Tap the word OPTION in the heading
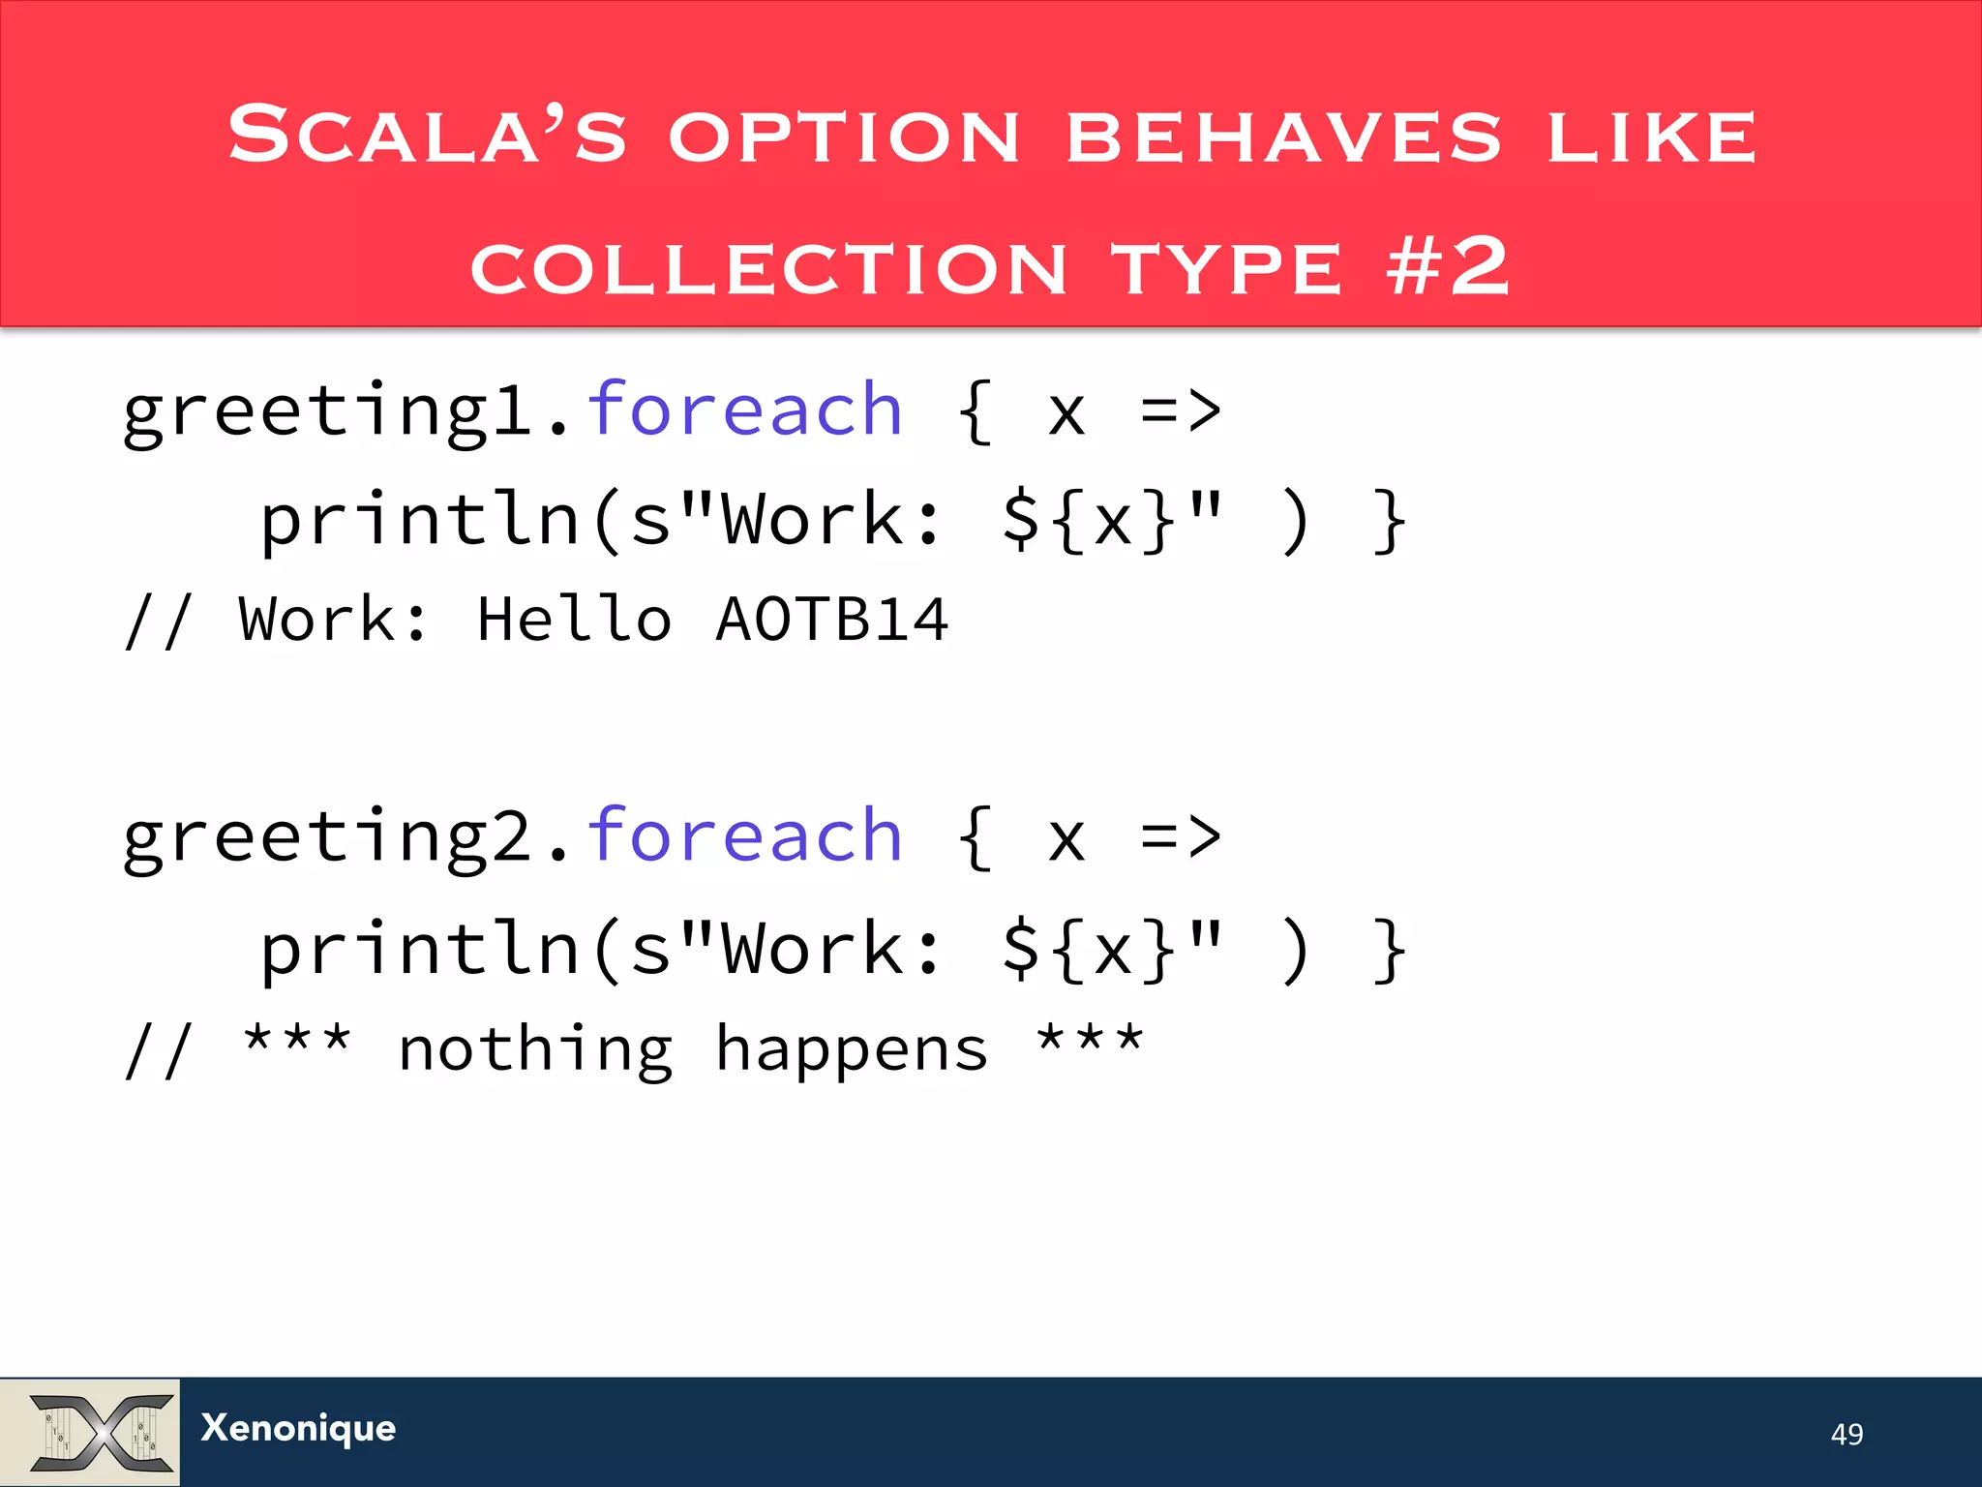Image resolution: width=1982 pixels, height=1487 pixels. point(844,136)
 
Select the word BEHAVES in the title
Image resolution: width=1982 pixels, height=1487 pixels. point(1283,136)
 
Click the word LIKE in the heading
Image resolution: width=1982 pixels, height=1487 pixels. point(1651,136)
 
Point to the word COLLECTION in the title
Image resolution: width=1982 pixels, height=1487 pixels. point(768,268)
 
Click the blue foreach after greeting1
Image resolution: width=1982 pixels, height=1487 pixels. point(745,410)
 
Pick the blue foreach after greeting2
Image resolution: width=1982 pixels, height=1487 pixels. point(745,835)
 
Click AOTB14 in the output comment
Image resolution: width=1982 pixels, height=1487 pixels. point(831,620)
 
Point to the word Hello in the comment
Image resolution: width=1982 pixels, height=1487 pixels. point(574,620)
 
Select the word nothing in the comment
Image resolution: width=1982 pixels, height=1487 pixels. point(535,1050)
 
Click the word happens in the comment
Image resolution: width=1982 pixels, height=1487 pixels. point(852,1050)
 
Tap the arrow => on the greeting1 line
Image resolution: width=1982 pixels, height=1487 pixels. point(1181,411)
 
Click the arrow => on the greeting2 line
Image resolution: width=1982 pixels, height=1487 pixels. point(1181,837)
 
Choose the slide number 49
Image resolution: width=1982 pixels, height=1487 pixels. point(1847,1434)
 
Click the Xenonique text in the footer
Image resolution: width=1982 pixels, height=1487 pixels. point(298,1428)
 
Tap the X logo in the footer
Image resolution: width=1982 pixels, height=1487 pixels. point(101,1432)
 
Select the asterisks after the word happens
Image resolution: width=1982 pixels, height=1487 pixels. point(1090,1042)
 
